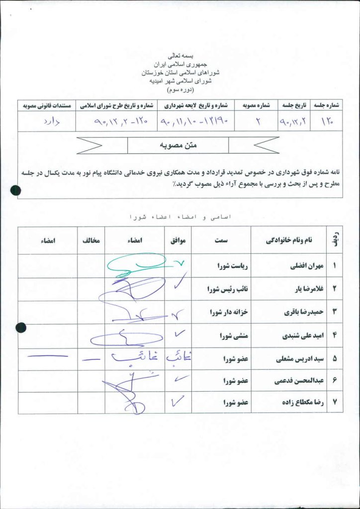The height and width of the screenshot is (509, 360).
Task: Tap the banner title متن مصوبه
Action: [x=178, y=145]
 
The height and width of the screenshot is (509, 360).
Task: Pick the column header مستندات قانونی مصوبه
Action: [x=47, y=106]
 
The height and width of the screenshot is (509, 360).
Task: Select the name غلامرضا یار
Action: [x=303, y=289]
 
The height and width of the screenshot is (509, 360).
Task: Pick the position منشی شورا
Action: [x=234, y=336]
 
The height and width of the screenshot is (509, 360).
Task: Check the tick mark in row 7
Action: [x=178, y=402]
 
